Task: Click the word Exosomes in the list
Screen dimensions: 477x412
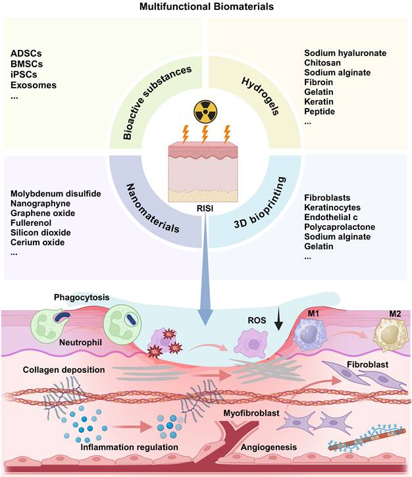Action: tap(34, 85)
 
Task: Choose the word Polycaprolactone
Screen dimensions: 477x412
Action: tap(340, 227)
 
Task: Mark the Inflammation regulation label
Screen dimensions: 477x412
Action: tap(130, 448)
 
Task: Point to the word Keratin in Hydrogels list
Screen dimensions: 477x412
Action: tap(319, 102)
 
